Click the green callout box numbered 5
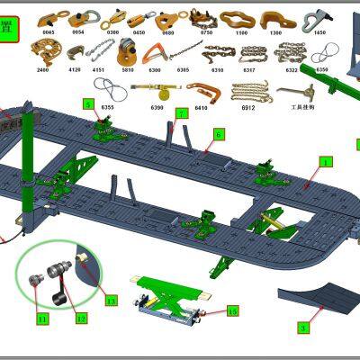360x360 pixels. tap(88, 104)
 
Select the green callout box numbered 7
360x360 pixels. tap(181, 113)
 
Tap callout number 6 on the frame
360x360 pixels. tap(218, 134)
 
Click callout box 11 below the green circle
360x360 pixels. tap(42, 318)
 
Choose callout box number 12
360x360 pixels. tap(81, 318)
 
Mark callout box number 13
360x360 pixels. tap(111, 300)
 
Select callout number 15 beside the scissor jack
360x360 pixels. tap(232, 310)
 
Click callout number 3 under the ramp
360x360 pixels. tap(303, 328)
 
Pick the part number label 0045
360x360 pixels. tap(48, 31)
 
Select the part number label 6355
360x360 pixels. tap(109, 106)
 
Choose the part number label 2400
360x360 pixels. tap(43, 68)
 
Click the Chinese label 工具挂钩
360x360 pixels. tap(291, 107)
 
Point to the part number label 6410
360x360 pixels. tap(199, 107)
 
